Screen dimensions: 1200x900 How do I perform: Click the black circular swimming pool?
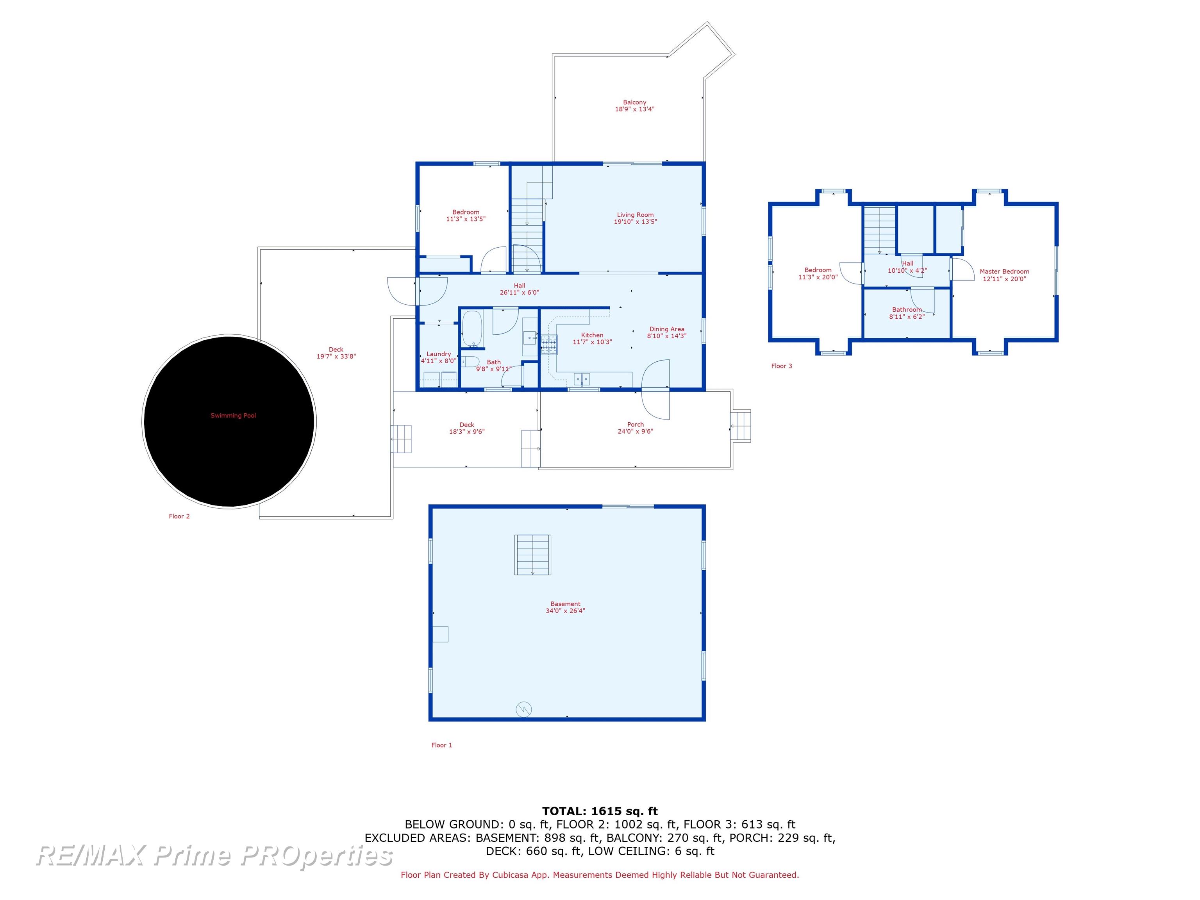pos(229,421)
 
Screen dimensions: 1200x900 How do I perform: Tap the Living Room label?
pos(635,215)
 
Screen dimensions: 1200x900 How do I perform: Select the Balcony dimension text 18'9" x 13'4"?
pos(635,109)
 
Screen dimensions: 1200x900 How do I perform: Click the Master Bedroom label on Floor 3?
pos(1004,272)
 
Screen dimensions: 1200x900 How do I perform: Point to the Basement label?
pos(565,604)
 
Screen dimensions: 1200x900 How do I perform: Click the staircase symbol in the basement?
pos(533,554)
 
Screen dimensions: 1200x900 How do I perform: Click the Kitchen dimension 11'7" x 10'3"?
pos(593,342)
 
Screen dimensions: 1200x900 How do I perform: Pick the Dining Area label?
pos(667,329)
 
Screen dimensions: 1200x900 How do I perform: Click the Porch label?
pos(635,425)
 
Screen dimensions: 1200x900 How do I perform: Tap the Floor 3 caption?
pos(782,366)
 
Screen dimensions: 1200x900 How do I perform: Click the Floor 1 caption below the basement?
pos(441,745)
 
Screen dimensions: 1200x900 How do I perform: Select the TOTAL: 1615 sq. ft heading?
pos(600,811)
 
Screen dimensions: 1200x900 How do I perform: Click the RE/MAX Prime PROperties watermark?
pos(215,855)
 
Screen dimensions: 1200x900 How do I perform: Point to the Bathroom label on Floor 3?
pos(907,310)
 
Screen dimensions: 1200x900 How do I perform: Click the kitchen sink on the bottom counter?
pos(582,378)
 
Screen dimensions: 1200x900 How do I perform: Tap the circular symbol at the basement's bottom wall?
pos(523,709)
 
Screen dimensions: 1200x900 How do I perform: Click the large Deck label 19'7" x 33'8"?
pos(336,353)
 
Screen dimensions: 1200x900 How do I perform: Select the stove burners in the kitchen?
pos(549,345)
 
